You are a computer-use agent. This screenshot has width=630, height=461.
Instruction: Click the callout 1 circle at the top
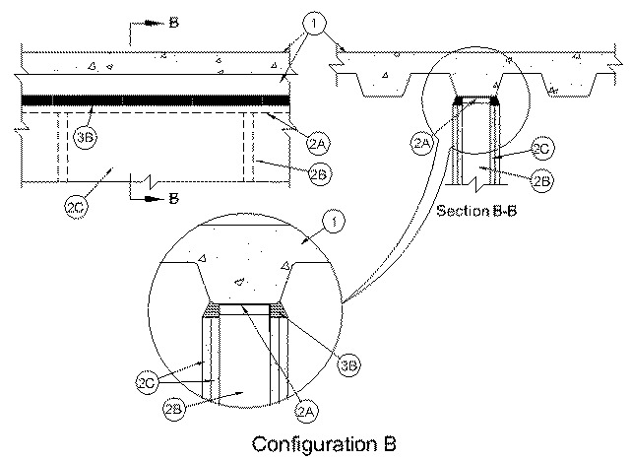click(314, 24)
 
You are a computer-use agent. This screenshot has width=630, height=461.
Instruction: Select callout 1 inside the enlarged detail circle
click(334, 222)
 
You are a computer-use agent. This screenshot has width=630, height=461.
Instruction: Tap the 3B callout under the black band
click(86, 138)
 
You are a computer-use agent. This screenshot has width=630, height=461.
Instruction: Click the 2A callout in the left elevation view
click(318, 143)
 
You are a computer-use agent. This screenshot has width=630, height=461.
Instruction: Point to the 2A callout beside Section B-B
click(421, 143)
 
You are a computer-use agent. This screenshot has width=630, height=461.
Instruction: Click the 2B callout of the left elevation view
click(320, 174)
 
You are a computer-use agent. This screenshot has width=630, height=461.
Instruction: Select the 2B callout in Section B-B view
click(542, 180)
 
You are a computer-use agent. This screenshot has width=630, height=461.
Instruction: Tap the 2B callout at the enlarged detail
click(173, 409)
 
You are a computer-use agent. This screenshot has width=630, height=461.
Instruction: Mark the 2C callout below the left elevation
click(76, 208)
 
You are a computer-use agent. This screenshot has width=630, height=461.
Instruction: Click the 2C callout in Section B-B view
click(542, 149)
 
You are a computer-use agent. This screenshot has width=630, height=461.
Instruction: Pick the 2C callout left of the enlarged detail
click(147, 382)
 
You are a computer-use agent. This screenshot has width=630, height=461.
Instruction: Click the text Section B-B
click(476, 211)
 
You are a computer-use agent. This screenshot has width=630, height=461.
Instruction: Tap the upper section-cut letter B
click(173, 23)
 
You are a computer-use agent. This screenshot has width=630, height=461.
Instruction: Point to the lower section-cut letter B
click(173, 199)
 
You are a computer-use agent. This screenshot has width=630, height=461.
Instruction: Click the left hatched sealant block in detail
click(213, 310)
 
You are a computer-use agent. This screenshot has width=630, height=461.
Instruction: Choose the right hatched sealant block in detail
click(278, 310)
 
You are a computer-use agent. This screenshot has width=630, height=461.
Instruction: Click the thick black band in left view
click(156, 100)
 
